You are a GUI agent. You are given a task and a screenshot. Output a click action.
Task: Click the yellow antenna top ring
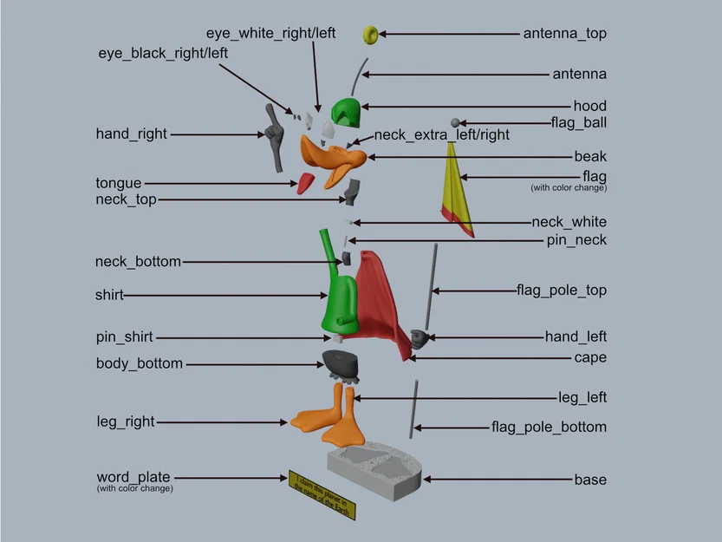(369, 35)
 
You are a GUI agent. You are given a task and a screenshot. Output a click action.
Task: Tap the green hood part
(347, 112)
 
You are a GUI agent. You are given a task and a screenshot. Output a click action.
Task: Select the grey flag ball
(454, 123)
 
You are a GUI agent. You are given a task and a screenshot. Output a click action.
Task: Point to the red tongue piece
(305, 183)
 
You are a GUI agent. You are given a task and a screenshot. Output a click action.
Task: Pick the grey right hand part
(275, 139)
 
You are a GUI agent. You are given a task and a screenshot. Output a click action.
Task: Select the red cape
(377, 304)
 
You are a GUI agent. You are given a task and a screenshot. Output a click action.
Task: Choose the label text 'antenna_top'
(564, 34)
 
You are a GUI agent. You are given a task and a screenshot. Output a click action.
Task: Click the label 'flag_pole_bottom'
(549, 427)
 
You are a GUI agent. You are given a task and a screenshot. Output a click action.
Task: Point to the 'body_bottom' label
(139, 363)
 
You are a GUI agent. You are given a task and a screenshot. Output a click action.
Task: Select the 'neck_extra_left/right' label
(441, 135)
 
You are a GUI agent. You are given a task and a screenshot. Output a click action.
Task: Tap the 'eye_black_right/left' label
(163, 53)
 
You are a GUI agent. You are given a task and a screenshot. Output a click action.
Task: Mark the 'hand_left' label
(576, 336)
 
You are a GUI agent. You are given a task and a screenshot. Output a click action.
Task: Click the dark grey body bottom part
(341, 364)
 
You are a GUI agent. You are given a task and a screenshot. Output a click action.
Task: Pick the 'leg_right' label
(125, 422)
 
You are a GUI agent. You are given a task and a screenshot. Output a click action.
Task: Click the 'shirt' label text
(109, 295)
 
